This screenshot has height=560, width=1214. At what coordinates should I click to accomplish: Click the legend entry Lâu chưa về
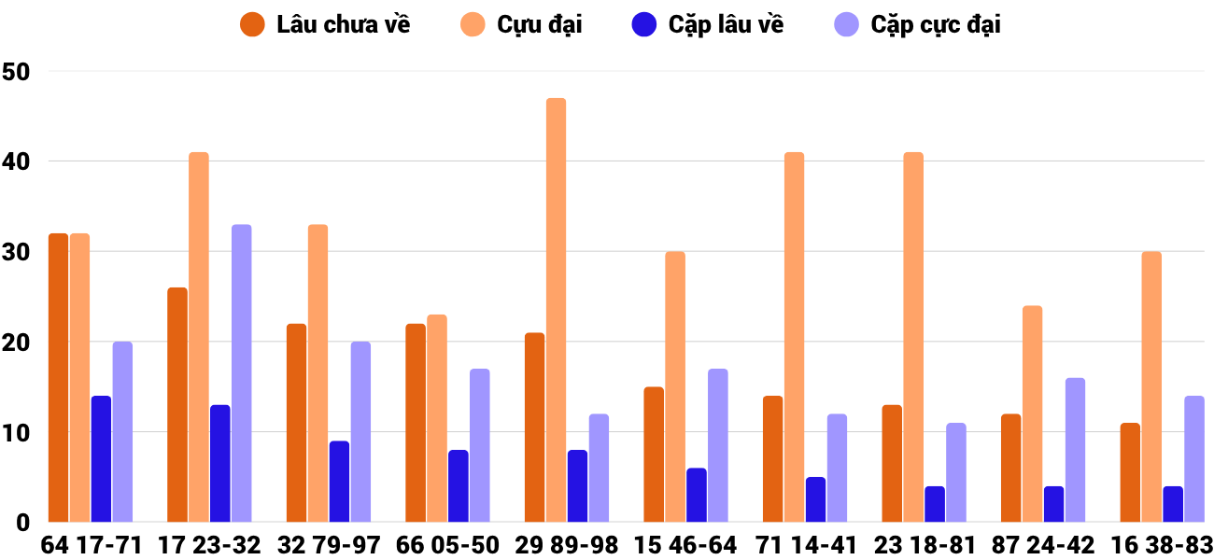(343, 25)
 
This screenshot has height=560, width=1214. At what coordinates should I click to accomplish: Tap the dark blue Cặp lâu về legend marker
(644, 25)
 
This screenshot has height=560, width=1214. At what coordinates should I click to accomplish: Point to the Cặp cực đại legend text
(935, 25)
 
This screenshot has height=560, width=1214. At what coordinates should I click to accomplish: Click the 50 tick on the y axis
(17, 72)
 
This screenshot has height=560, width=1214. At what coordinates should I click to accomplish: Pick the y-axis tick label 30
(17, 252)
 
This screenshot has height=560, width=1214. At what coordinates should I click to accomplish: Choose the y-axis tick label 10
(17, 433)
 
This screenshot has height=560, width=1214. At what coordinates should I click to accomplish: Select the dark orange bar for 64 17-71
(58, 378)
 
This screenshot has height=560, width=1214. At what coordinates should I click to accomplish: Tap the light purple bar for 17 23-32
(241, 373)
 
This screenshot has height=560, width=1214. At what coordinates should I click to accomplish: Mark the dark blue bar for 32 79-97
(339, 482)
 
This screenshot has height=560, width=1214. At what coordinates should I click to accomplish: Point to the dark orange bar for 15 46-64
(654, 455)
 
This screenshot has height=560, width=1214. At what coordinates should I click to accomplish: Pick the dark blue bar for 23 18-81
(935, 504)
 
